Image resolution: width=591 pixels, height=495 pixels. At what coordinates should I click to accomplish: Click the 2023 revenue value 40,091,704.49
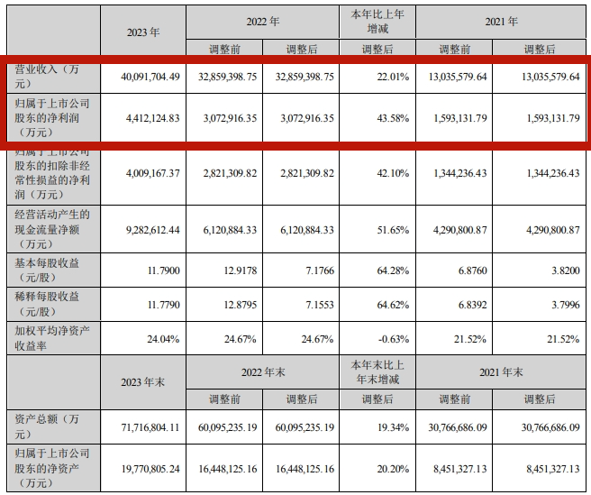point(143,78)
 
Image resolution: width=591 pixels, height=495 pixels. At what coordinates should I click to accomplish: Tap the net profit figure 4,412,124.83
point(143,118)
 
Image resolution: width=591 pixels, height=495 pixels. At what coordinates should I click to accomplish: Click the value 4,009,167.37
point(143,173)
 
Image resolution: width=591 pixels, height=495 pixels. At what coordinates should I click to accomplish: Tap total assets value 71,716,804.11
point(143,421)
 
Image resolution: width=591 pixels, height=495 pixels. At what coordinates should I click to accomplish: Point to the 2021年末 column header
point(505,371)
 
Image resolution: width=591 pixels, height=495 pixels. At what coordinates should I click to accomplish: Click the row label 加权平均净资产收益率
point(50,339)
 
